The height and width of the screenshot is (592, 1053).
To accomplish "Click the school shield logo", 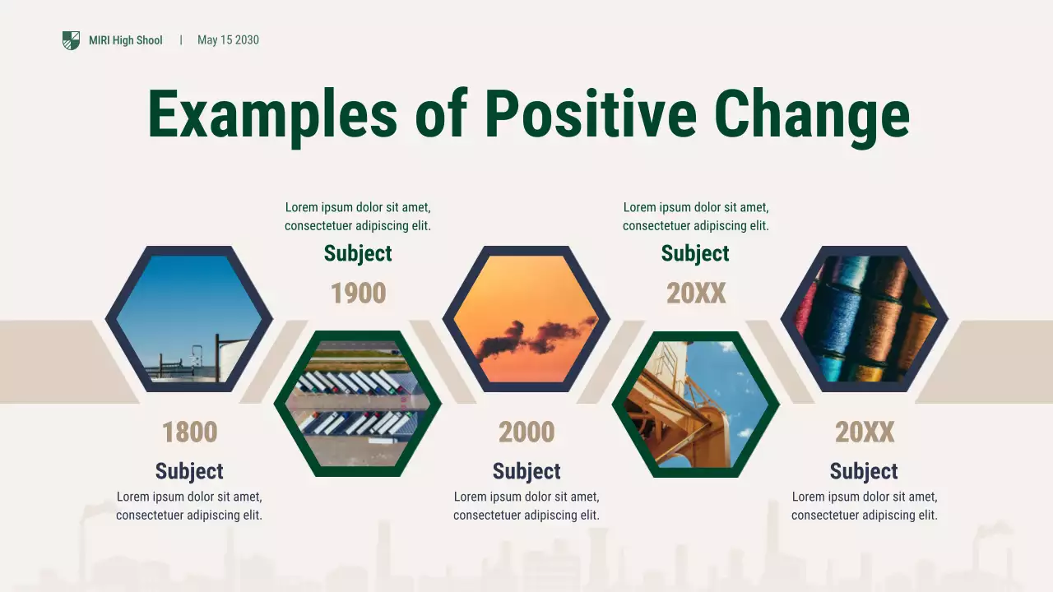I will (x=72, y=40).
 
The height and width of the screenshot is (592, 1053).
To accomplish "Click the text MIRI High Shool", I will (x=125, y=40).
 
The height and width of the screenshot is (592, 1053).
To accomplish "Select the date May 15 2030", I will (x=228, y=40).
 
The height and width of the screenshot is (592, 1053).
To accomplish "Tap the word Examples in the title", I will (x=271, y=113).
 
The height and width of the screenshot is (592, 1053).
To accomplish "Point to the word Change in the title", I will (x=811, y=113).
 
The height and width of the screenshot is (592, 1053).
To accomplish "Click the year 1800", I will (x=189, y=432).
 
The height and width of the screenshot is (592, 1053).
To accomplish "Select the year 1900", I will (x=358, y=294).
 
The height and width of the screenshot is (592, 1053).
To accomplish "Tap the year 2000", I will (x=526, y=432).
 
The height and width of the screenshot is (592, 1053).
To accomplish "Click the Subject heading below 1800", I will (x=189, y=471).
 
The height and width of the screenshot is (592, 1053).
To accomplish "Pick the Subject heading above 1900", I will (x=358, y=253).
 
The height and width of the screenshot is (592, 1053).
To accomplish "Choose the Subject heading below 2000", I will (x=526, y=471).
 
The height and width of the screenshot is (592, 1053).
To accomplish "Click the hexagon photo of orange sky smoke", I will (x=526, y=319).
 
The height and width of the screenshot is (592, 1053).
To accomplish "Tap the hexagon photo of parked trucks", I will (x=358, y=404).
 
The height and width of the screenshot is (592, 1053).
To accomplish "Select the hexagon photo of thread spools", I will (x=864, y=319).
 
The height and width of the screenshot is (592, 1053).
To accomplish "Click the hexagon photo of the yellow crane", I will (x=696, y=404).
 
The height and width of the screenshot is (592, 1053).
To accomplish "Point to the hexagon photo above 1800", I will (x=189, y=319).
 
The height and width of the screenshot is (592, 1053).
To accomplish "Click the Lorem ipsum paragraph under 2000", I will (x=526, y=506).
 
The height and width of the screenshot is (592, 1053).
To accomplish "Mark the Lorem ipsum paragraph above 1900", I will (x=358, y=216).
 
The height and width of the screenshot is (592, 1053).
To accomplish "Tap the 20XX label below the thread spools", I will (x=864, y=432).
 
